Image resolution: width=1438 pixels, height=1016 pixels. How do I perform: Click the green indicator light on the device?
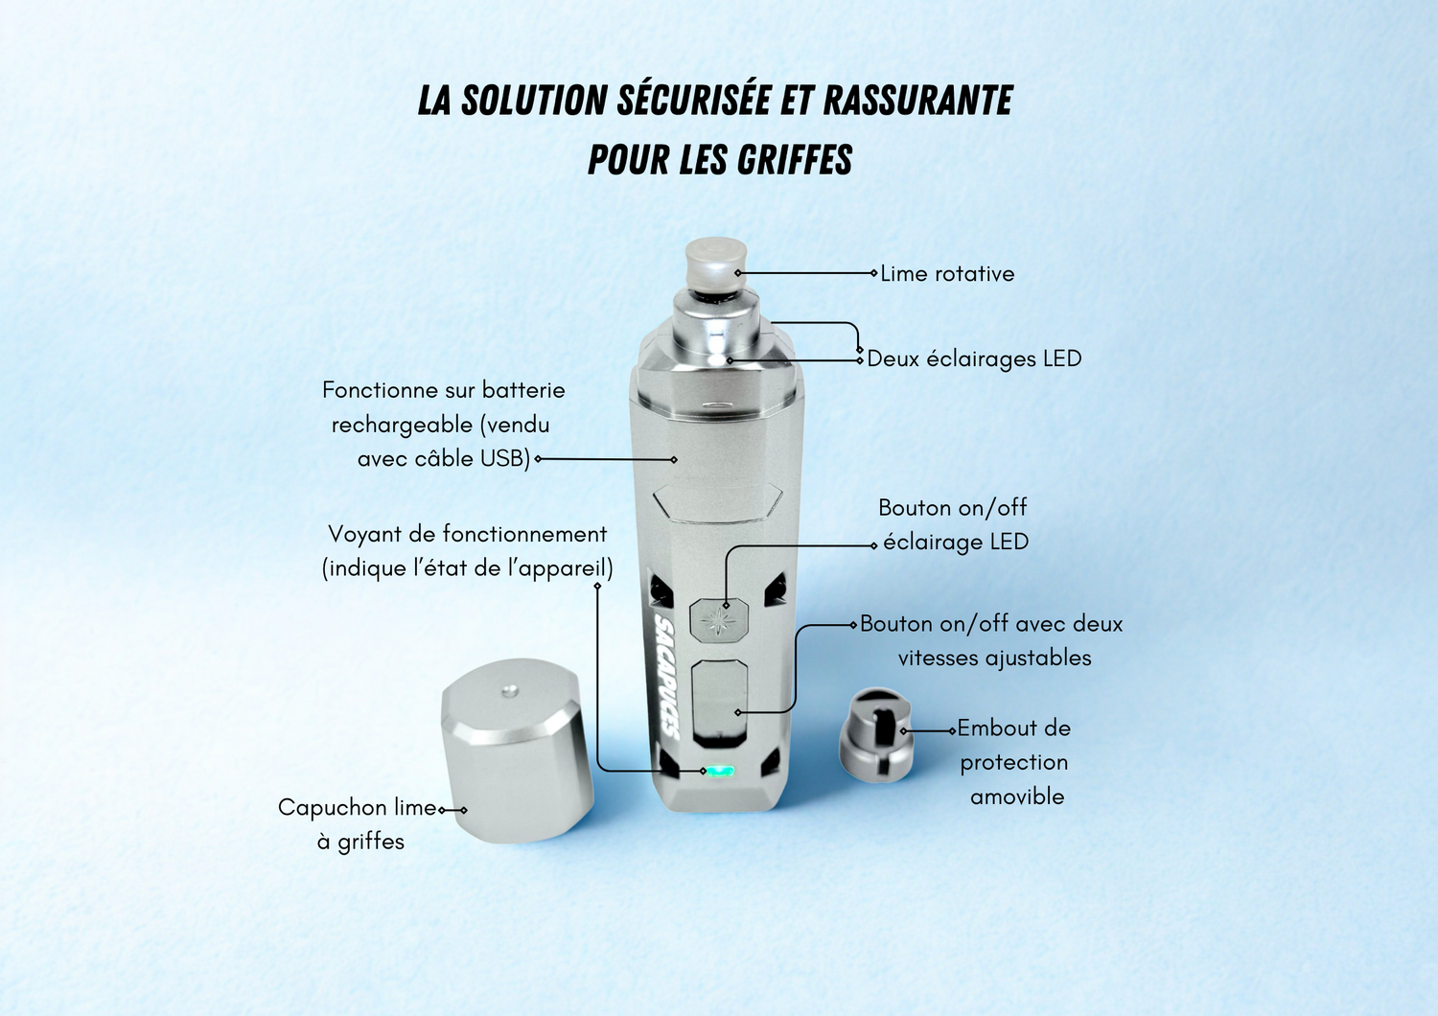[x=719, y=771]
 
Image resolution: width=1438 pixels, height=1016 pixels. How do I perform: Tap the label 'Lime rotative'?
[x=947, y=274]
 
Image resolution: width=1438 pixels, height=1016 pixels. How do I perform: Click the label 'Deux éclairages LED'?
[x=974, y=358]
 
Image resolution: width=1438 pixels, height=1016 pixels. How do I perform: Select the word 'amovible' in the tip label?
[x=1017, y=797]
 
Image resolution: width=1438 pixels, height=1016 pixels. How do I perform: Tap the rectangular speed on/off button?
[x=720, y=704]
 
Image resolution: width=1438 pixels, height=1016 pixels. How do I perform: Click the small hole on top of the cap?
[x=509, y=691]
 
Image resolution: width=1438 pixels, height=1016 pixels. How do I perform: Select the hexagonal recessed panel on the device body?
[x=718, y=502]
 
